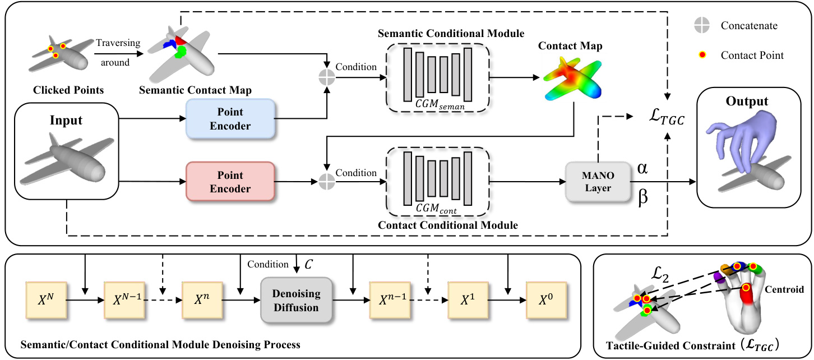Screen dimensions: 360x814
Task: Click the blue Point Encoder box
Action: pos(230,119)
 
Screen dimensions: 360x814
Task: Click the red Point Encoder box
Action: pos(230,181)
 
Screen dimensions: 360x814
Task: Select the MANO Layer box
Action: pos(598,182)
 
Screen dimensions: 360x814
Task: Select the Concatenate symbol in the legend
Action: pos(701,25)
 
